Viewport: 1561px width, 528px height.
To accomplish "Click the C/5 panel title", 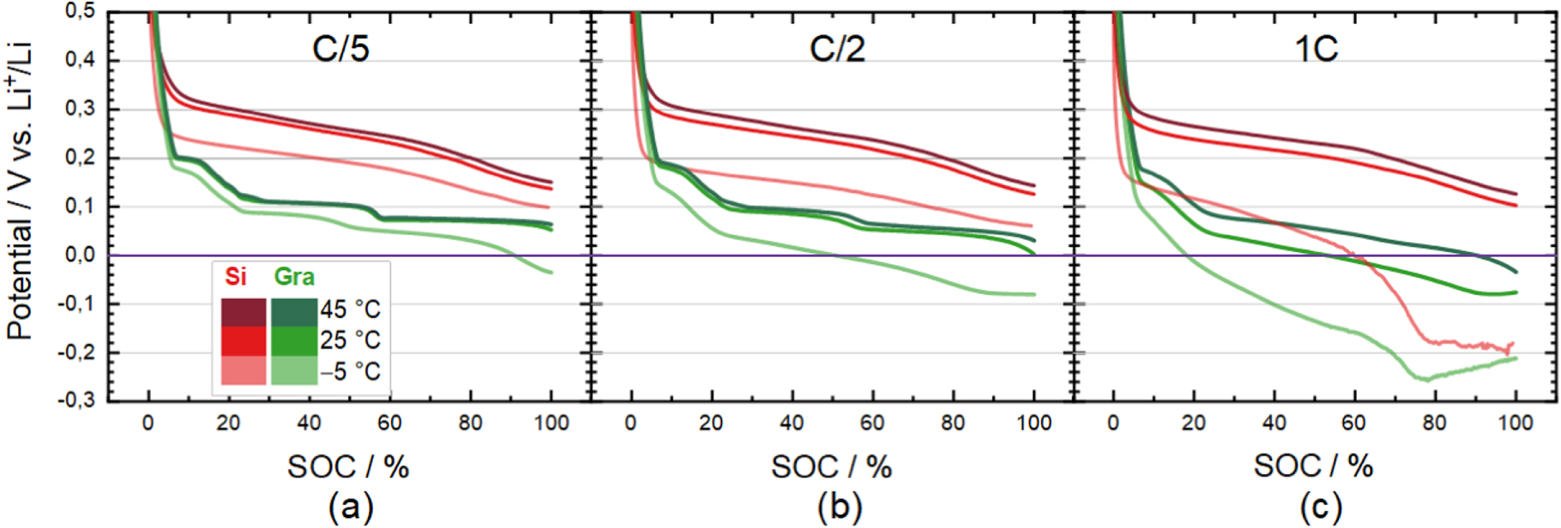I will pos(341,48).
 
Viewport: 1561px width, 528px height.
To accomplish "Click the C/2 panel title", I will pos(837,48).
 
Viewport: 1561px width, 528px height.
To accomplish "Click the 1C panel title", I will pos(1316,48).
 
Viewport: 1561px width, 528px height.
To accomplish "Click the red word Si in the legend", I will pos(235,276).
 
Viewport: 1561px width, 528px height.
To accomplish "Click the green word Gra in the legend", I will pos(294,276).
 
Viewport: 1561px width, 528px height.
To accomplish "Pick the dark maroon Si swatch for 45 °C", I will pos(244,312).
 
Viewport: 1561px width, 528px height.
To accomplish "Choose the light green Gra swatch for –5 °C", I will pos(294,370).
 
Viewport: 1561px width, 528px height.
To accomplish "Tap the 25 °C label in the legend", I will pos(350,340).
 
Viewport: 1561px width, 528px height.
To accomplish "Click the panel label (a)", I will pos(351,507).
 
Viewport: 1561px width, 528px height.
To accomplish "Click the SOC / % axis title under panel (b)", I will pos(831,466).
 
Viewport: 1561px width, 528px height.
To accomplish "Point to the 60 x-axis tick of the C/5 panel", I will pos(389,423).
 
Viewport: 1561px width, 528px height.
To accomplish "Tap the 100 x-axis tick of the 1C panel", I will pos(1516,423).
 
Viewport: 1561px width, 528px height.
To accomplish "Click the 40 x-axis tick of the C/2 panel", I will pos(792,423).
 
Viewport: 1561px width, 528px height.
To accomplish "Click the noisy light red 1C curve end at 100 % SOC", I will pos(1513,344).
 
